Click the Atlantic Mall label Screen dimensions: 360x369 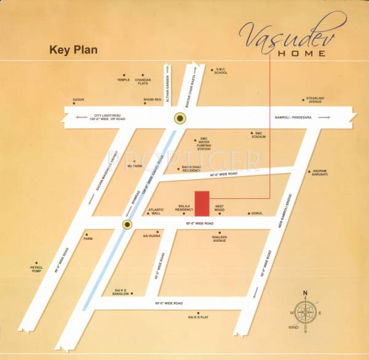pyautogui.click(x=156, y=211)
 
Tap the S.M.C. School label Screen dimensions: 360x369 pyautogui.click(x=220, y=71)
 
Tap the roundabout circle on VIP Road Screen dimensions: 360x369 pyautogui.click(x=180, y=118)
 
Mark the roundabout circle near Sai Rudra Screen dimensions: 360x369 pyautogui.click(x=127, y=225)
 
